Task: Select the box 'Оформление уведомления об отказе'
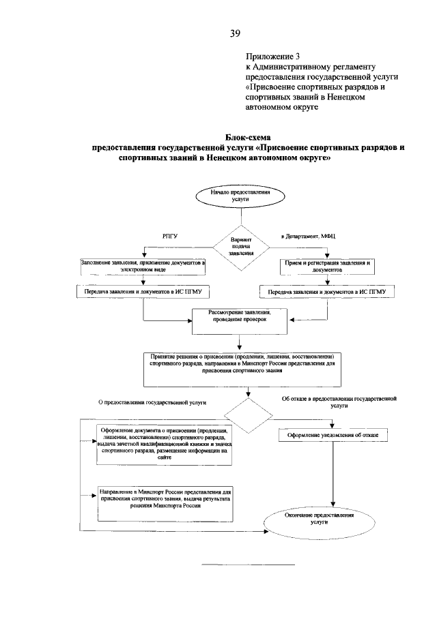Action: click(x=333, y=434)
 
